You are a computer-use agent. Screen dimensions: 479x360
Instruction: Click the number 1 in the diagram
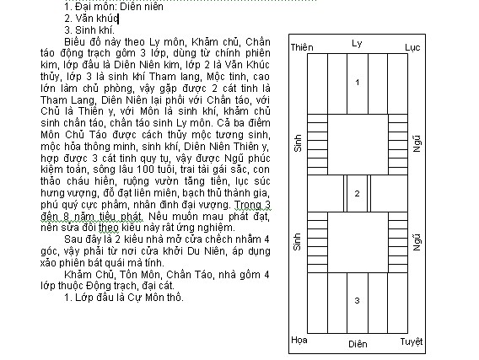pos(357,83)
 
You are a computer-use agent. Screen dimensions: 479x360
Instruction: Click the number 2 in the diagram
pos(357,194)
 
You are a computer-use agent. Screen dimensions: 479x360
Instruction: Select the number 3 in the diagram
pos(357,300)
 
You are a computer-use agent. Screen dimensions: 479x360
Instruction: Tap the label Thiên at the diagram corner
pos(302,47)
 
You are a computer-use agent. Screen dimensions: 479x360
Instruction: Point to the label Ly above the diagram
pos(357,43)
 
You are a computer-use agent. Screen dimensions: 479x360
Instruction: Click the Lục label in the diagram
pos(412,47)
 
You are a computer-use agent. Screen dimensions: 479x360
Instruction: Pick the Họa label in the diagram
pos(299,340)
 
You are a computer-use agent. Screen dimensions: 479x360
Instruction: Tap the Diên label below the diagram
pos(358,344)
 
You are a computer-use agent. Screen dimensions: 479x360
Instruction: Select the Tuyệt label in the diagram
pos(412,341)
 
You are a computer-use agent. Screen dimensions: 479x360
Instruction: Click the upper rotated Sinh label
pos(298,142)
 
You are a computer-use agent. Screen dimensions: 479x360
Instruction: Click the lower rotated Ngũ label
pos(417,243)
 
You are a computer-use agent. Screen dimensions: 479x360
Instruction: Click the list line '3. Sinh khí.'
pos(89,30)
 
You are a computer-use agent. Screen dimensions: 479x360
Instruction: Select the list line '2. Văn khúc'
pos(91,19)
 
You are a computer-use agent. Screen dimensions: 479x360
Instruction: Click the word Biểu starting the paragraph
pos(75,42)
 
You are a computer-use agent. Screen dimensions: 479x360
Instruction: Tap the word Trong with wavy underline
pos(249,205)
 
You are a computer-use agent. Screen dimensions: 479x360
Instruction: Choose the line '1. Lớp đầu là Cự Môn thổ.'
pos(124,298)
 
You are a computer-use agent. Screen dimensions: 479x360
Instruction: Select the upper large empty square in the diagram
pos(358,145)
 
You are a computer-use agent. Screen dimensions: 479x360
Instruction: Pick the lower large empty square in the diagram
pos(358,242)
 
